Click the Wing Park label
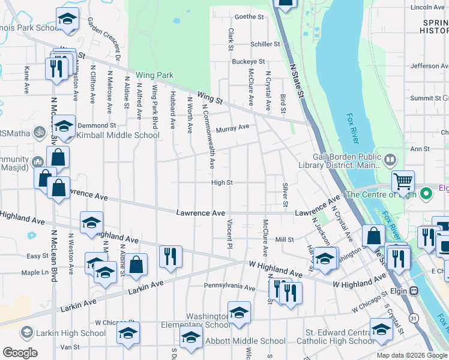click(155, 75)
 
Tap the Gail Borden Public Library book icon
click(391, 160)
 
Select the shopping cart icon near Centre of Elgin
click(403, 180)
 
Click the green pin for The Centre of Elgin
click(426, 194)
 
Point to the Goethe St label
click(249, 17)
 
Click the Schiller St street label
click(265, 44)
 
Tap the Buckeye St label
click(249, 62)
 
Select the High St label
click(221, 183)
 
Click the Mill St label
click(284, 239)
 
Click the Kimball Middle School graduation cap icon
click(65, 126)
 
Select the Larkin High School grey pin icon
click(26, 332)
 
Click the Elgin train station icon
click(414, 290)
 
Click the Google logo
click(20, 353)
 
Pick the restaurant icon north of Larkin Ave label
click(170, 257)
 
